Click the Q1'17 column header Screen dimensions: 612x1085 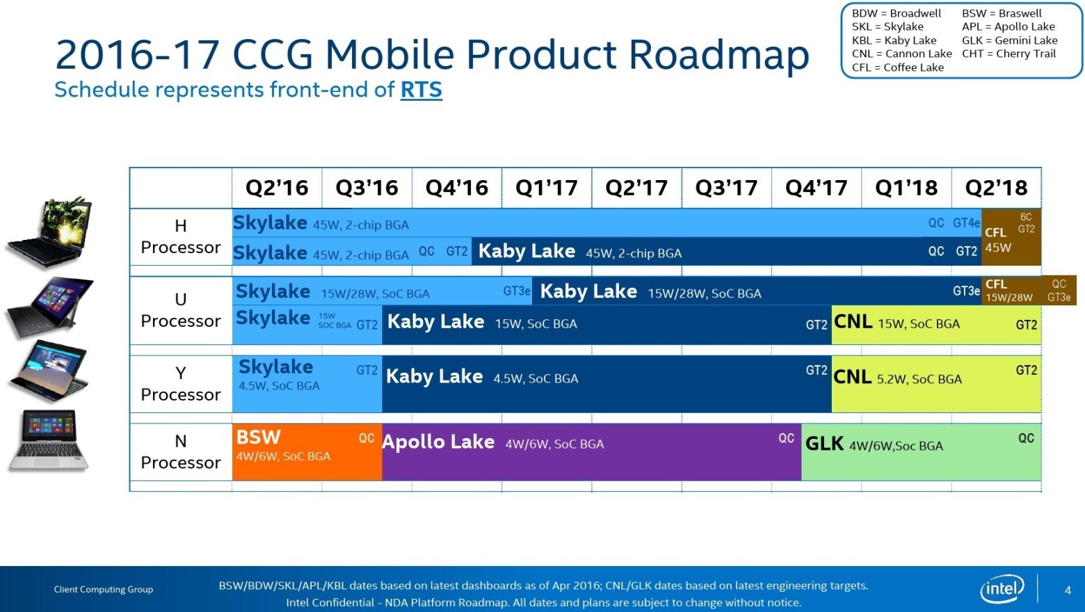547,188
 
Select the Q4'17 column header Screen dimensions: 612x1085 816,188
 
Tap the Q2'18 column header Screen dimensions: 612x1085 996,188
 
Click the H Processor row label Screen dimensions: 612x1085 181,236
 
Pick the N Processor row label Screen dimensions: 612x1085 181,452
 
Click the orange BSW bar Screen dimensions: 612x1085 306,452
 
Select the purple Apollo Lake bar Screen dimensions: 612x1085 591,452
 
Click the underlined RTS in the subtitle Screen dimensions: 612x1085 421,90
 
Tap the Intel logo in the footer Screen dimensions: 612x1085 1002,589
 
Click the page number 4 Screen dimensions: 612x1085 1068,590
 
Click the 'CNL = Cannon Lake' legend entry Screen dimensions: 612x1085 901,54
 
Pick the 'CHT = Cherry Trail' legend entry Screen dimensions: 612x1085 1008,54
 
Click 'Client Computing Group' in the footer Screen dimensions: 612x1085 104,589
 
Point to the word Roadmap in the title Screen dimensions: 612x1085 718,56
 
